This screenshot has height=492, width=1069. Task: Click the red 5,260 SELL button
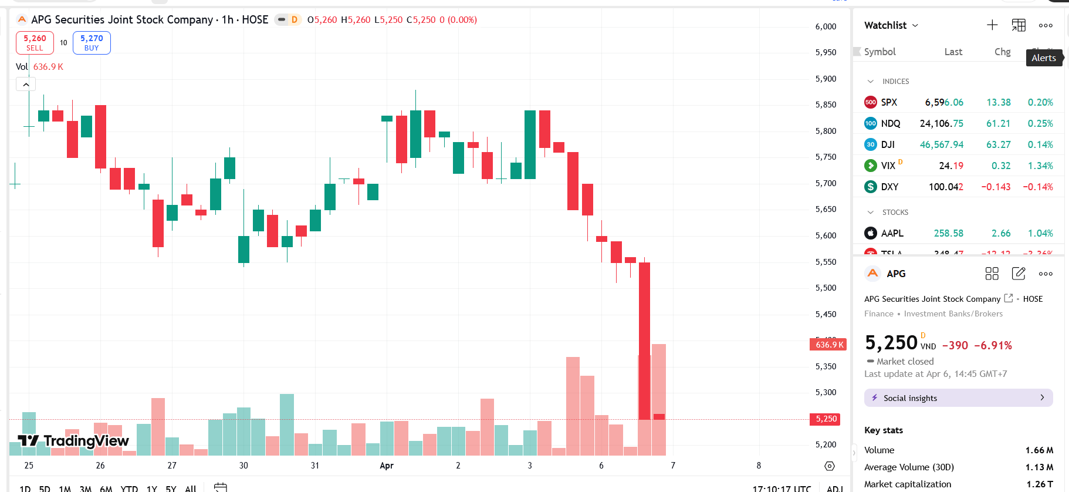coord(35,43)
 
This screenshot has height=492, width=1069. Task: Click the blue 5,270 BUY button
coord(92,43)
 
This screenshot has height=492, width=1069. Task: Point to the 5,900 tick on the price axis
coord(826,79)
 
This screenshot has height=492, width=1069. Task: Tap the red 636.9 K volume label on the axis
coord(828,345)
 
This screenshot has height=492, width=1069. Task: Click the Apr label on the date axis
coord(387,466)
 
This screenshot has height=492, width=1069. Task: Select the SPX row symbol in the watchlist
coord(888,102)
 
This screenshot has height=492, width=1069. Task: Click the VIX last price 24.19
coord(950,166)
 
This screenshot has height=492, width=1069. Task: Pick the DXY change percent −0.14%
coord(1037,187)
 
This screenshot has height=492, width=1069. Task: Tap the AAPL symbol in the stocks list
coord(892,233)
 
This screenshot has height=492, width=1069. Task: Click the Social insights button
coord(958,397)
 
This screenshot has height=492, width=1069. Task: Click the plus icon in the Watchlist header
coord(992,25)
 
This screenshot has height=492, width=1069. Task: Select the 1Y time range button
coord(152,488)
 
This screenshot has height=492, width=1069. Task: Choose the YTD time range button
coord(129,488)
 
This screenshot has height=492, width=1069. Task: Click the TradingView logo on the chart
coord(73,441)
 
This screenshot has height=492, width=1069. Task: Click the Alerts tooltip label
coord(1044,58)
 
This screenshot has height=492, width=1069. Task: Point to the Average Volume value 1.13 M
coord(1040,467)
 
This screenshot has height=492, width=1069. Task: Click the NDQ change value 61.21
coord(998,123)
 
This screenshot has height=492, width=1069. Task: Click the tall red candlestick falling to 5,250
coord(644,341)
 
